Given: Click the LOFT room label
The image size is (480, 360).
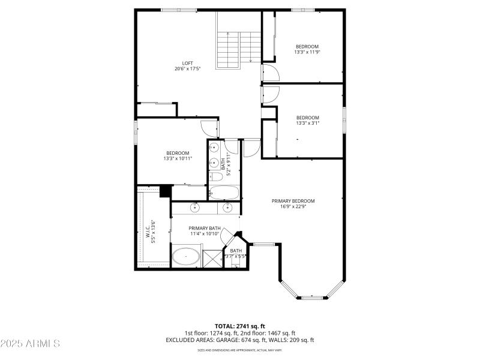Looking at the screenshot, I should coord(188,62).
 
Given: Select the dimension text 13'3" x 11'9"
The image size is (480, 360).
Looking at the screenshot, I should coord(307,52).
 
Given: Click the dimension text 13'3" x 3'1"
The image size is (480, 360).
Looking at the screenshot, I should coord(307,124).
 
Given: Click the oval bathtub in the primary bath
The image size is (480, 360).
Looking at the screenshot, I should coord(187,258).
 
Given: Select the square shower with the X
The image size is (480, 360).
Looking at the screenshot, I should coord(212,259).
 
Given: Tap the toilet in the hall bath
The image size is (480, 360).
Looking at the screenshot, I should coord(214,176).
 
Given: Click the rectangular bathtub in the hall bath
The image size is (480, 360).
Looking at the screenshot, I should coord(224,192).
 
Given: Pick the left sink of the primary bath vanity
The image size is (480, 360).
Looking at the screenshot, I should coord(196,208).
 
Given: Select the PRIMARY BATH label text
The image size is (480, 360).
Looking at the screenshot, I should coord(205,228).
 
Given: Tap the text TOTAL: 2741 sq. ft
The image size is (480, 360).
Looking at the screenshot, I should coord(240,326).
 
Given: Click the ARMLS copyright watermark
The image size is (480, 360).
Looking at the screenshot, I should coord(30,344).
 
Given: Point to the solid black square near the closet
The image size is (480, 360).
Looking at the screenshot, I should coord(163,191).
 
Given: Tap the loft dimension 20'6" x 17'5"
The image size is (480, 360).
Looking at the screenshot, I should coord(188,68).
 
